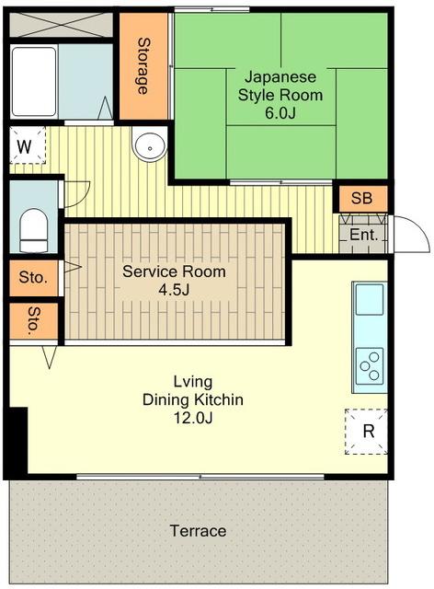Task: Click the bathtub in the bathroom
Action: (34, 82)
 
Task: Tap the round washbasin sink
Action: (150, 147)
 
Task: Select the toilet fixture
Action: (34, 229)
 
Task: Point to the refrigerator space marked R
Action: (366, 432)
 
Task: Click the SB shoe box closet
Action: (362, 199)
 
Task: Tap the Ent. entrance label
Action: (363, 235)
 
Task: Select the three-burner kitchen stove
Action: (370, 365)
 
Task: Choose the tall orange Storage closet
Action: (143, 66)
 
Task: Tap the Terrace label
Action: (199, 531)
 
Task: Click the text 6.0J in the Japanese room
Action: (280, 112)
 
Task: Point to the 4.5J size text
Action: (174, 290)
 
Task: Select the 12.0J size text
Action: (193, 417)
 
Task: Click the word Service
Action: (146, 271)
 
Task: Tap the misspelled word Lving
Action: (193, 382)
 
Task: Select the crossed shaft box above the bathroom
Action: (61, 25)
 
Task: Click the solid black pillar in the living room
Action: (17, 440)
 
